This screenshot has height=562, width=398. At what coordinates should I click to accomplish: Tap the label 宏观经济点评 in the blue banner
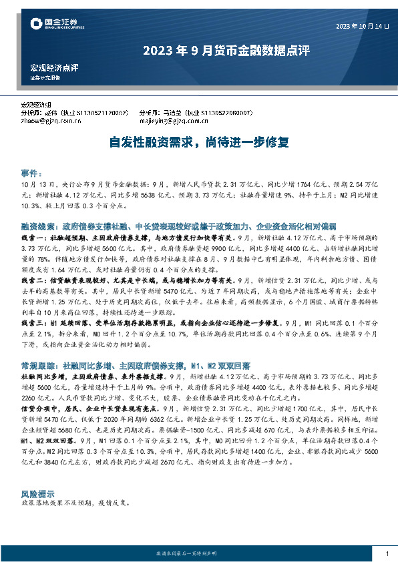click(55, 68)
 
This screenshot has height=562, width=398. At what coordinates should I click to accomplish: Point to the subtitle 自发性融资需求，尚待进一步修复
click(199, 142)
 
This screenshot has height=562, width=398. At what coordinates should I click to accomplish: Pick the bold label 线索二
click(35, 281)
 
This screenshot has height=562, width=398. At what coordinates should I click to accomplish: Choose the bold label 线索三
click(35, 323)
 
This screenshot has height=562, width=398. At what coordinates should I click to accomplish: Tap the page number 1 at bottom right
click(387, 555)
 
